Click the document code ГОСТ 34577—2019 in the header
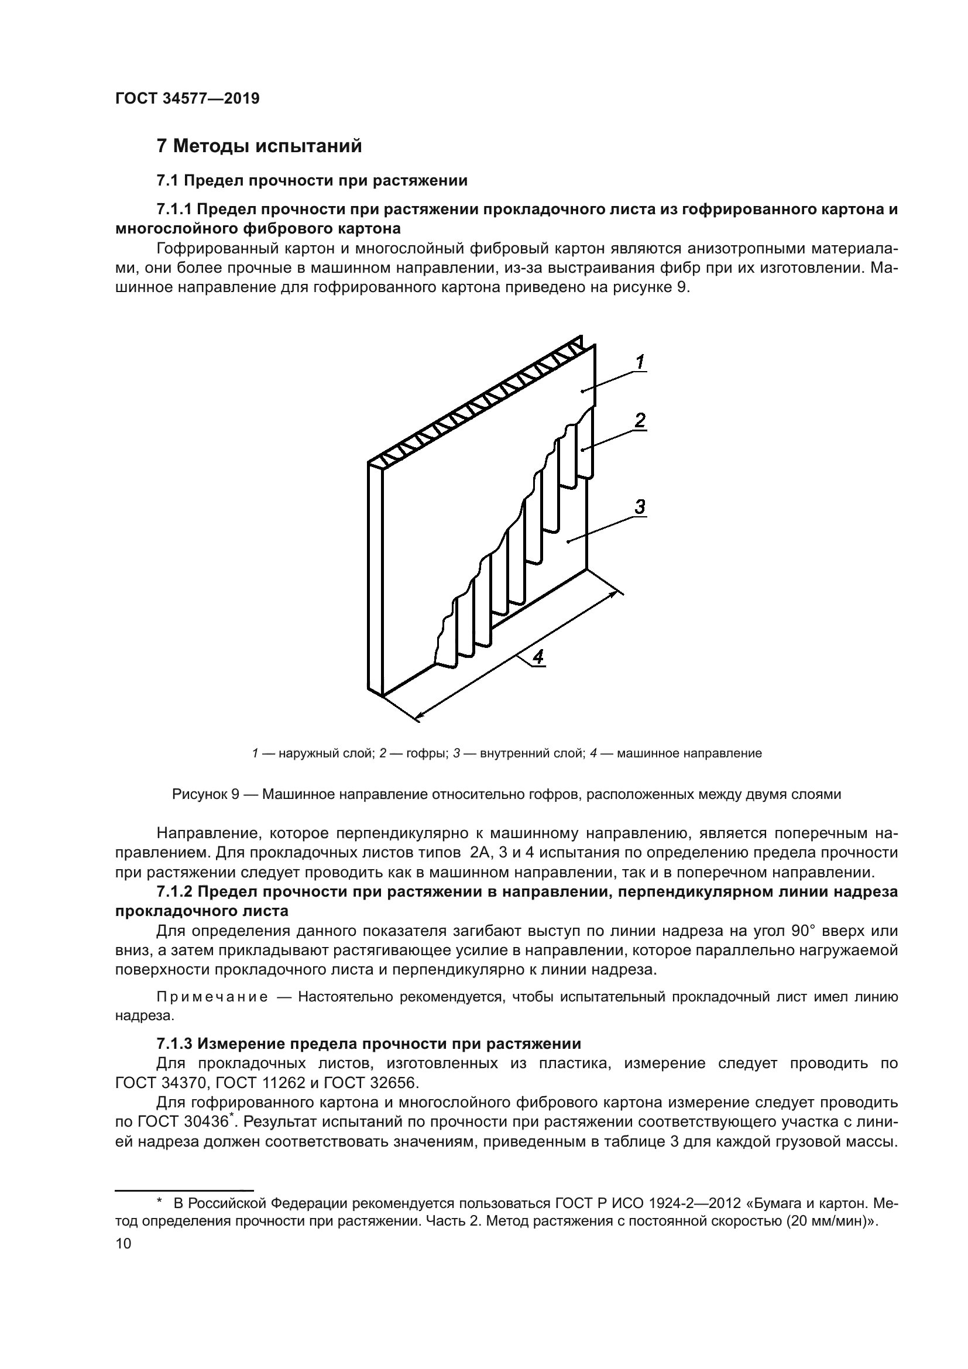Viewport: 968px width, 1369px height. [x=187, y=99]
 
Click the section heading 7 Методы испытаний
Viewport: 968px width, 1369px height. [x=259, y=146]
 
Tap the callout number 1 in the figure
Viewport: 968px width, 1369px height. [x=639, y=362]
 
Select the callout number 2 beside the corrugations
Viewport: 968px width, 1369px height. [x=639, y=421]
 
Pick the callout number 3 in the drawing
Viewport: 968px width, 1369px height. [x=639, y=507]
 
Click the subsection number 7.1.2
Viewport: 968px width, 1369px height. [x=174, y=892]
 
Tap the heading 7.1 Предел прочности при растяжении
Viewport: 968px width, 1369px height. [x=312, y=181]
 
